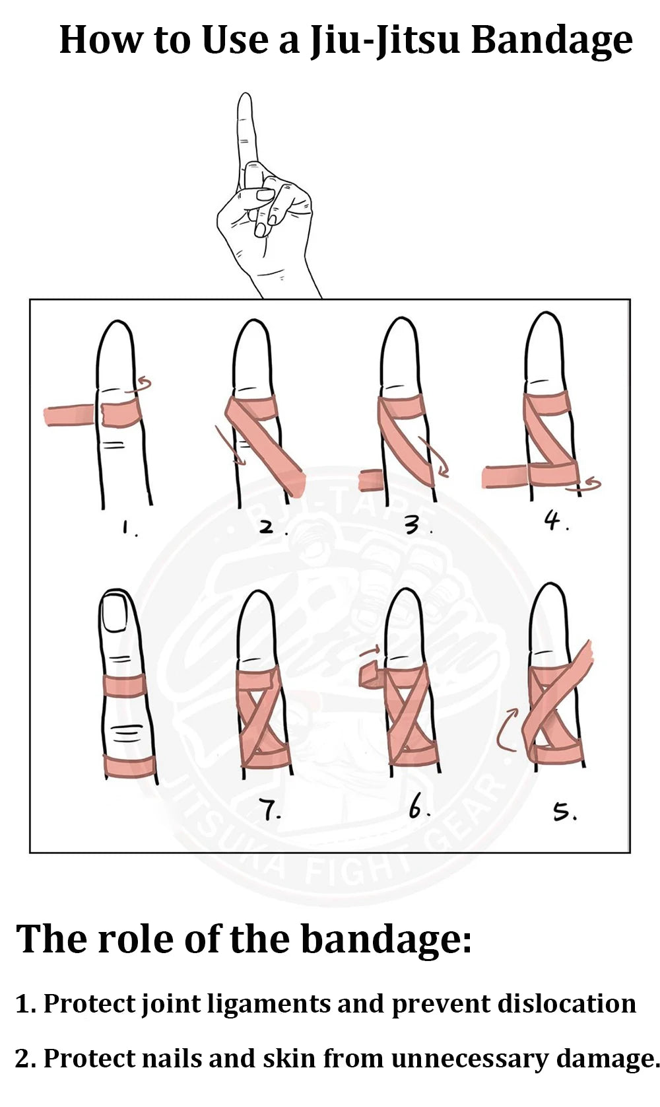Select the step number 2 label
(268, 527)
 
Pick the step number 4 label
(554, 521)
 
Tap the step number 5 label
(563, 811)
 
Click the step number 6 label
(416, 807)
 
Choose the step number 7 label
(269, 809)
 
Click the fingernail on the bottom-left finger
(117, 613)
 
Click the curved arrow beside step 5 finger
(507, 731)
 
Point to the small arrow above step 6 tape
(371, 652)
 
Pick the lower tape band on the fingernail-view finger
(129, 766)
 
